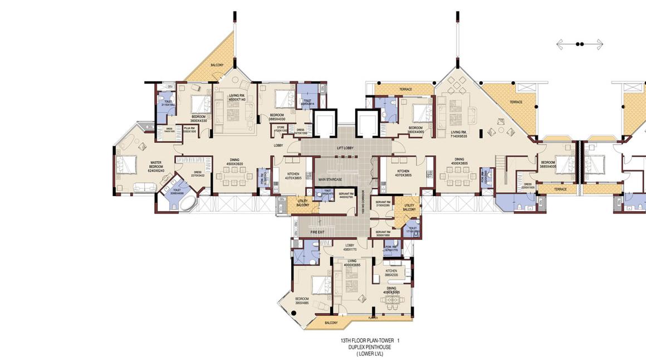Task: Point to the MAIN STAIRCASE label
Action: [330, 179]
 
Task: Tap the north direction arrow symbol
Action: [580, 43]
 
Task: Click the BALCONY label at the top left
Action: [217, 65]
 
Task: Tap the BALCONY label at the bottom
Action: [331, 323]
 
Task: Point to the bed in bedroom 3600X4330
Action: [199, 104]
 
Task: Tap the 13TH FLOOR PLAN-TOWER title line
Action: [370, 340]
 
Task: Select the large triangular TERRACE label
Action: [516, 102]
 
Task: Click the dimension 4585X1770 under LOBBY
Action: [350, 249]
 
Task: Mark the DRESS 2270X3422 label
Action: [198, 174]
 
